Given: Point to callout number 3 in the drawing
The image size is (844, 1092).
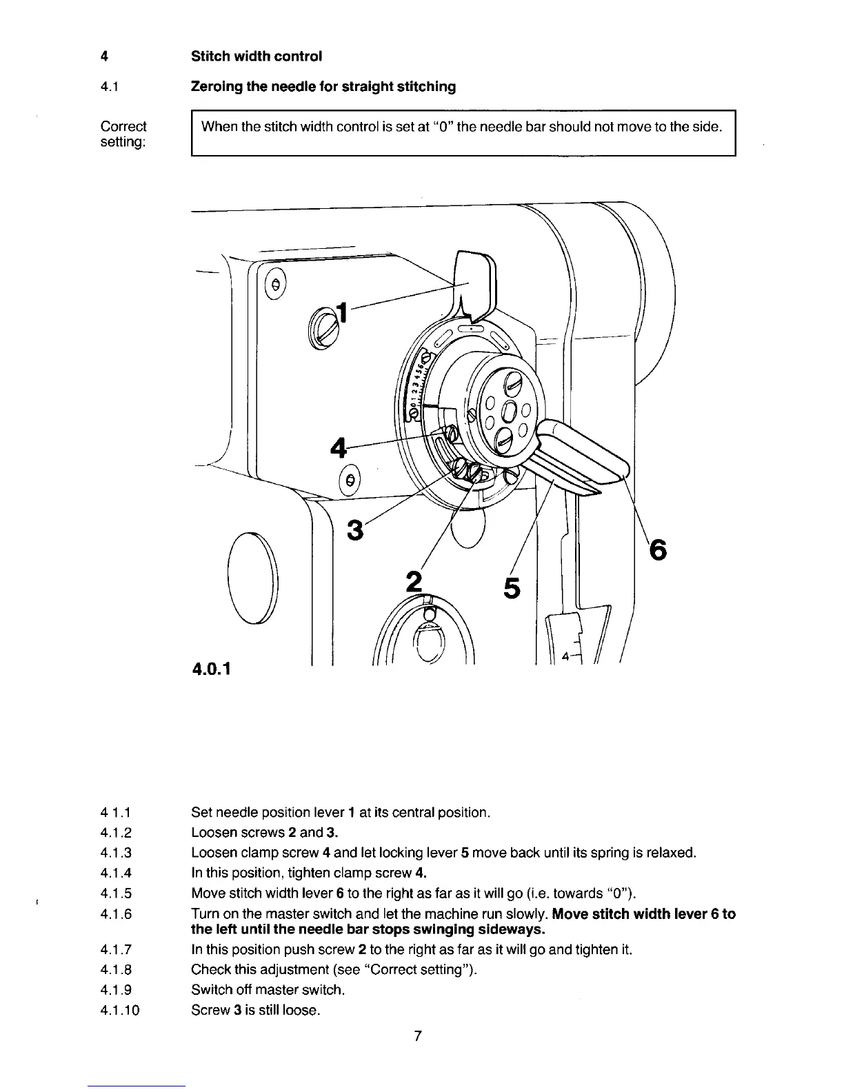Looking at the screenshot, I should pos(355,530).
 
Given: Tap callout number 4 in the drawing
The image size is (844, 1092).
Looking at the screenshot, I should pos(339,449).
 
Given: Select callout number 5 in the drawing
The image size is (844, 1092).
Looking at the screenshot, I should pos(512,587).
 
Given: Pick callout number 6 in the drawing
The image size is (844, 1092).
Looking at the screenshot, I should pos(658,550).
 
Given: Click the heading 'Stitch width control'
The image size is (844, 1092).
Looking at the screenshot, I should pos(257,56).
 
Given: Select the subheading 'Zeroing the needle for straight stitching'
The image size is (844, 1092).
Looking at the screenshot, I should pos(323,87).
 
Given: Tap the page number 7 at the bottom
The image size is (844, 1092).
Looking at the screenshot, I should pos(417,1035).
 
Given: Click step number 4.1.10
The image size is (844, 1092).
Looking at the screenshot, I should pos(120,1011).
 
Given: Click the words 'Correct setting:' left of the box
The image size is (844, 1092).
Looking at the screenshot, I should pos(123,134).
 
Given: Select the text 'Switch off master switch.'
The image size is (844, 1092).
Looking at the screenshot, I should pos(268,990).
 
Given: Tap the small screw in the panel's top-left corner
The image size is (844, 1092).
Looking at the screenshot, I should pos(275,284).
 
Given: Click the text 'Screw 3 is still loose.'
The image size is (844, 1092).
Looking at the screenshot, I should pos(255,1011).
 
